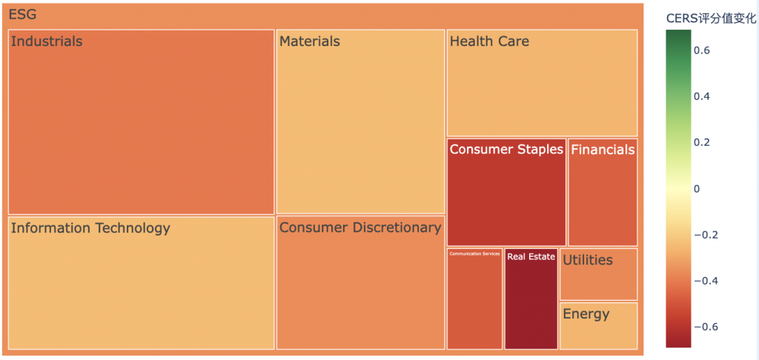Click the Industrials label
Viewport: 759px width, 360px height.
click(x=47, y=41)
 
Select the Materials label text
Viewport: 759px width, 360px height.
click(x=309, y=41)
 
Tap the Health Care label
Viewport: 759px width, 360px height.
click(x=489, y=41)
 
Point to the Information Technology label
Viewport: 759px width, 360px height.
click(x=90, y=228)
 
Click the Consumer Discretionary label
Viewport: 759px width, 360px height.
click(x=360, y=227)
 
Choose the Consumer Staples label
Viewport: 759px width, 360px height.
click(x=506, y=150)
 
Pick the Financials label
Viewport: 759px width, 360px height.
click(x=603, y=150)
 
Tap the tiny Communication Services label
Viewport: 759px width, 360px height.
click(x=474, y=254)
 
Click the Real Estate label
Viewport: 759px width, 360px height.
click(x=531, y=257)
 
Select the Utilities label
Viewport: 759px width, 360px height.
click(x=588, y=260)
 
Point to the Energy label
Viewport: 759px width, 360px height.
click(x=586, y=314)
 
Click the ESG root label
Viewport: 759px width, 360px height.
click(x=22, y=15)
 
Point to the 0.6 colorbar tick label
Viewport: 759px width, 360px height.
click(x=702, y=50)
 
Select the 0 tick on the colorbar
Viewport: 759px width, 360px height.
click(x=697, y=189)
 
